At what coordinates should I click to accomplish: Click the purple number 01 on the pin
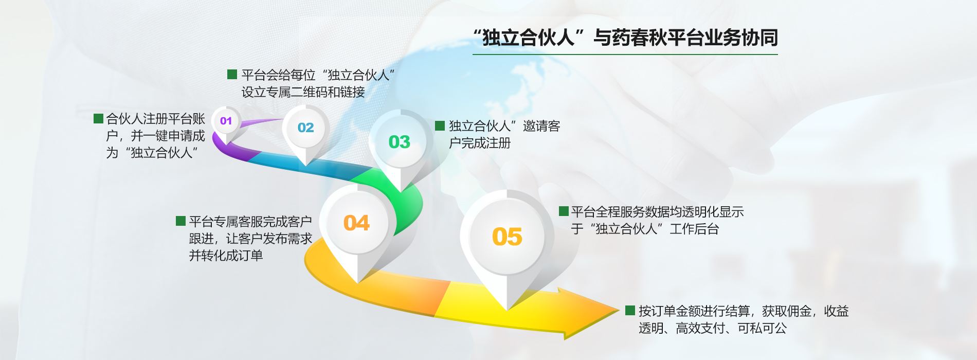226,121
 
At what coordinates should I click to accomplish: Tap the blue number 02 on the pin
305,128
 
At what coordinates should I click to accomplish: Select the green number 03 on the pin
399,142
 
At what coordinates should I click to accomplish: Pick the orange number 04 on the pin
356,223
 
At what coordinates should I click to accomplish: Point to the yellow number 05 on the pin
507,237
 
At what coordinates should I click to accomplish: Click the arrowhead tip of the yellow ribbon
620,310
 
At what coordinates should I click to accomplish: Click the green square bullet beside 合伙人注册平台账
98,119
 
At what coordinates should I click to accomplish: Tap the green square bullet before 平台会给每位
232,75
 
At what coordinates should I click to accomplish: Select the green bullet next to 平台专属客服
180,221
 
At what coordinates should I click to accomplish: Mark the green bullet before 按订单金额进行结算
630,311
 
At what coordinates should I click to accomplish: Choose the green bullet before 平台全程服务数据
564,211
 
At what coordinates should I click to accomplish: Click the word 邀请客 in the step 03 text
541,126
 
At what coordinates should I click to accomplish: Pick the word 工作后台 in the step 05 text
694,229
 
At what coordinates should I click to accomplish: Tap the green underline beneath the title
625,54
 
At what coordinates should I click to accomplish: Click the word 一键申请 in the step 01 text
155,136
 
